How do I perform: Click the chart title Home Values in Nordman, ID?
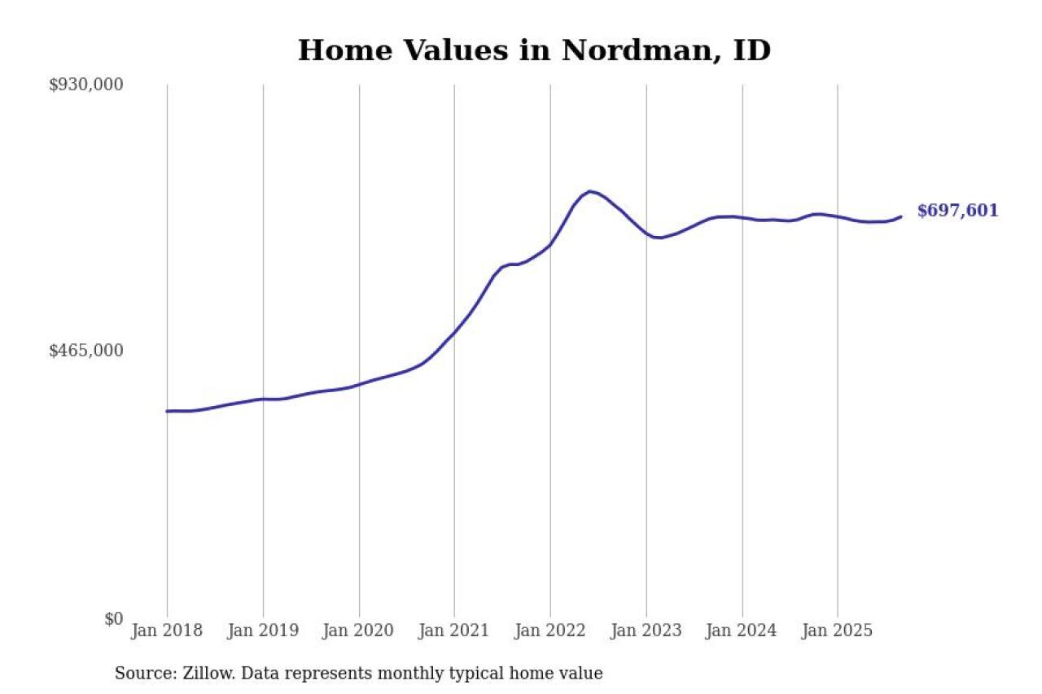coord(534,50)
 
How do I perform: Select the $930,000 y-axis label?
coord(86,85)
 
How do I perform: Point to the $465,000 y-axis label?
coord(86,351)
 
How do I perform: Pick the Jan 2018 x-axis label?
coord(167,631)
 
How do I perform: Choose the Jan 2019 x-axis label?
coord(263,631)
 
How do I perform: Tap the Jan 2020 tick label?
coord(359,631)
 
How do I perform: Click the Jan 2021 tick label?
coord(454,631)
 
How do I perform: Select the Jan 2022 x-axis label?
coord(550,631)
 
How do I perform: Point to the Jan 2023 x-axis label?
coord(646,631)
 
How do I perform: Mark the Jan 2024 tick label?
coord(742,631)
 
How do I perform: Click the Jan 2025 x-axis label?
coord(838,631)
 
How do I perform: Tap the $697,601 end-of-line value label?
coord(957,212)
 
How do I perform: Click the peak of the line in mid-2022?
coord(589,191)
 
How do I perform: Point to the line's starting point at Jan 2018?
coord(168,411)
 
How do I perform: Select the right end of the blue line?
coord(900,216)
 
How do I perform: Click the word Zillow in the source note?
coord(199,674)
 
